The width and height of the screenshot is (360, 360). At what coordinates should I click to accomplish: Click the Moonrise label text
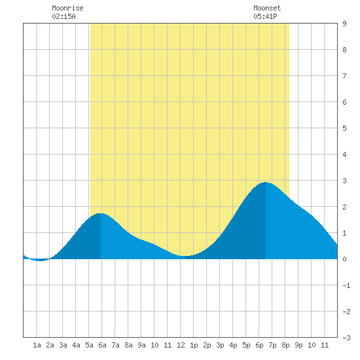click(x=67, y=8)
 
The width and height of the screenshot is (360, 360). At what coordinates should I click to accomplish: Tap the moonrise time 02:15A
click(x=63, y=16)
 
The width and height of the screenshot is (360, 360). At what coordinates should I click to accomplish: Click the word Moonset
click(x=267, y=8)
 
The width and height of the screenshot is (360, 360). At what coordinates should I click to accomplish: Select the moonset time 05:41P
click(x=265, y=16)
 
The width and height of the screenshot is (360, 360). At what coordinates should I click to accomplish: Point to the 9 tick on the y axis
click(x=344, y=24)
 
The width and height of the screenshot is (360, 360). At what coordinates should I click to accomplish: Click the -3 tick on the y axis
click(x=346, y=338)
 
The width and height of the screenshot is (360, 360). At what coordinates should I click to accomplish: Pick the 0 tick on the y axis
click(x=344, y=259)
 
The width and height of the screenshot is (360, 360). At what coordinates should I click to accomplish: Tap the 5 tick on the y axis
click(x=344, y=128)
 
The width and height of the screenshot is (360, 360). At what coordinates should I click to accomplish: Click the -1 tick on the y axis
click(x=346, y=285)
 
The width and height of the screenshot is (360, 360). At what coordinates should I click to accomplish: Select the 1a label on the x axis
click(x=37, y=345)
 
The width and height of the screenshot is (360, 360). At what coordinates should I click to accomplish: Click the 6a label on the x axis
click(x=102, y=345)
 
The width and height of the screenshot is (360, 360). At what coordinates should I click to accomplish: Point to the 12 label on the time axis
click(x=181, y=345)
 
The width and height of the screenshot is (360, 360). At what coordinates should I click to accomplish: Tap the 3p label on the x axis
click(x=220, y=345)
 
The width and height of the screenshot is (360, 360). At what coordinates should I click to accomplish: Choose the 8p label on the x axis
click(x=285, y=345)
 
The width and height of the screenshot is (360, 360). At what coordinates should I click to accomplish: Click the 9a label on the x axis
click(x=141, y=345)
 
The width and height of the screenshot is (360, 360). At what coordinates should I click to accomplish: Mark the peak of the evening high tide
click(x=266, y=183)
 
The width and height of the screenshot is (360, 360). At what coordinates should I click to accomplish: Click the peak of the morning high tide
click(x=100, y=213)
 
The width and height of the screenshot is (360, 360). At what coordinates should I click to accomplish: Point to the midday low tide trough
click(x=185, y=256)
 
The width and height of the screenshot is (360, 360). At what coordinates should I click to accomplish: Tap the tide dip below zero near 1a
click(x=39, y=261)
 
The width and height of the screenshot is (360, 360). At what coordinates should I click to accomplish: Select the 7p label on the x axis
click(x=272, y=345)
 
